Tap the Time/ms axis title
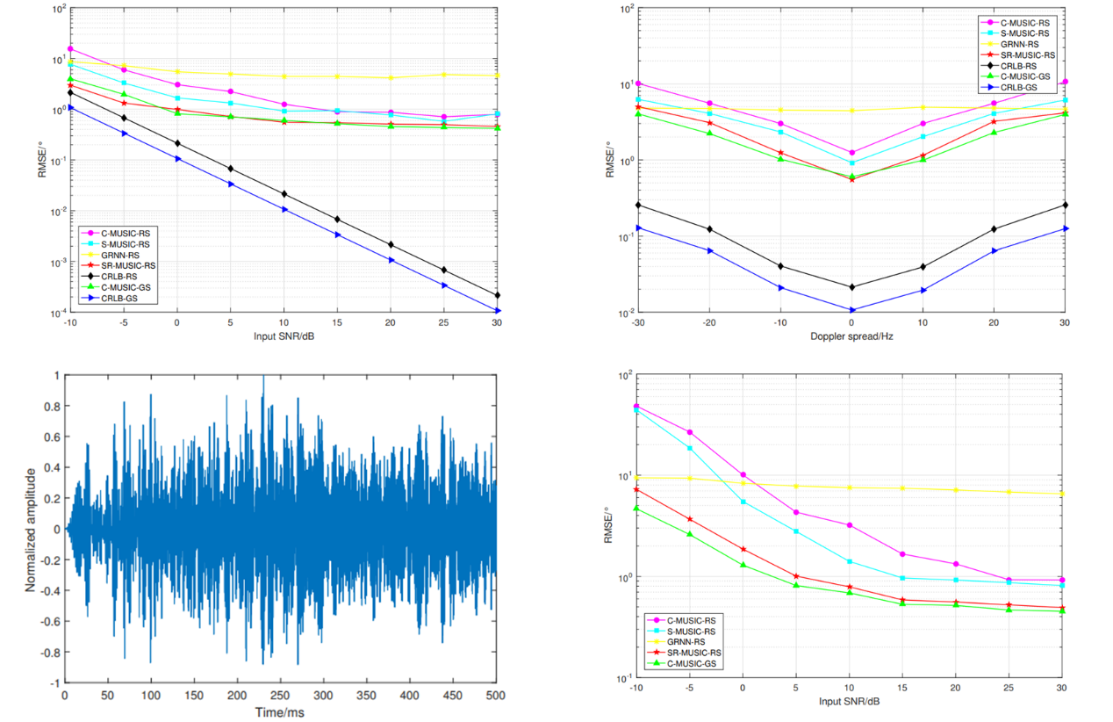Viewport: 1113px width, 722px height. click(279, 711)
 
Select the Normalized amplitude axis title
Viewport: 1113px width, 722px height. click(32, 529)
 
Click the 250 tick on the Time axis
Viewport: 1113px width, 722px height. click(280, 695)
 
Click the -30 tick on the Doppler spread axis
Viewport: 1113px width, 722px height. click(637, 324)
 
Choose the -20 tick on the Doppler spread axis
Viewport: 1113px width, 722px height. click(708, 324)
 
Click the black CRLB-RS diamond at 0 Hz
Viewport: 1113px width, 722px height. click(851, 287)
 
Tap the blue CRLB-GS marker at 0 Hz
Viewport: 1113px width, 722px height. click(851, 310)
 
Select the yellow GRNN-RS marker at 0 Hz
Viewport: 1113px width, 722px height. click(851, 111)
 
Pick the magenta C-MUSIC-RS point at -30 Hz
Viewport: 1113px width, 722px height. click(638, 83)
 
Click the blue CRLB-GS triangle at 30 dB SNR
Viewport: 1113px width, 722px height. click(497, 311)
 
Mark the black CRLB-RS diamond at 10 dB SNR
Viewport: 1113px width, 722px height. click(284, 193)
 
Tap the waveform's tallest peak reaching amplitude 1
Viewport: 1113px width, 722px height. click(262, 376)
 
